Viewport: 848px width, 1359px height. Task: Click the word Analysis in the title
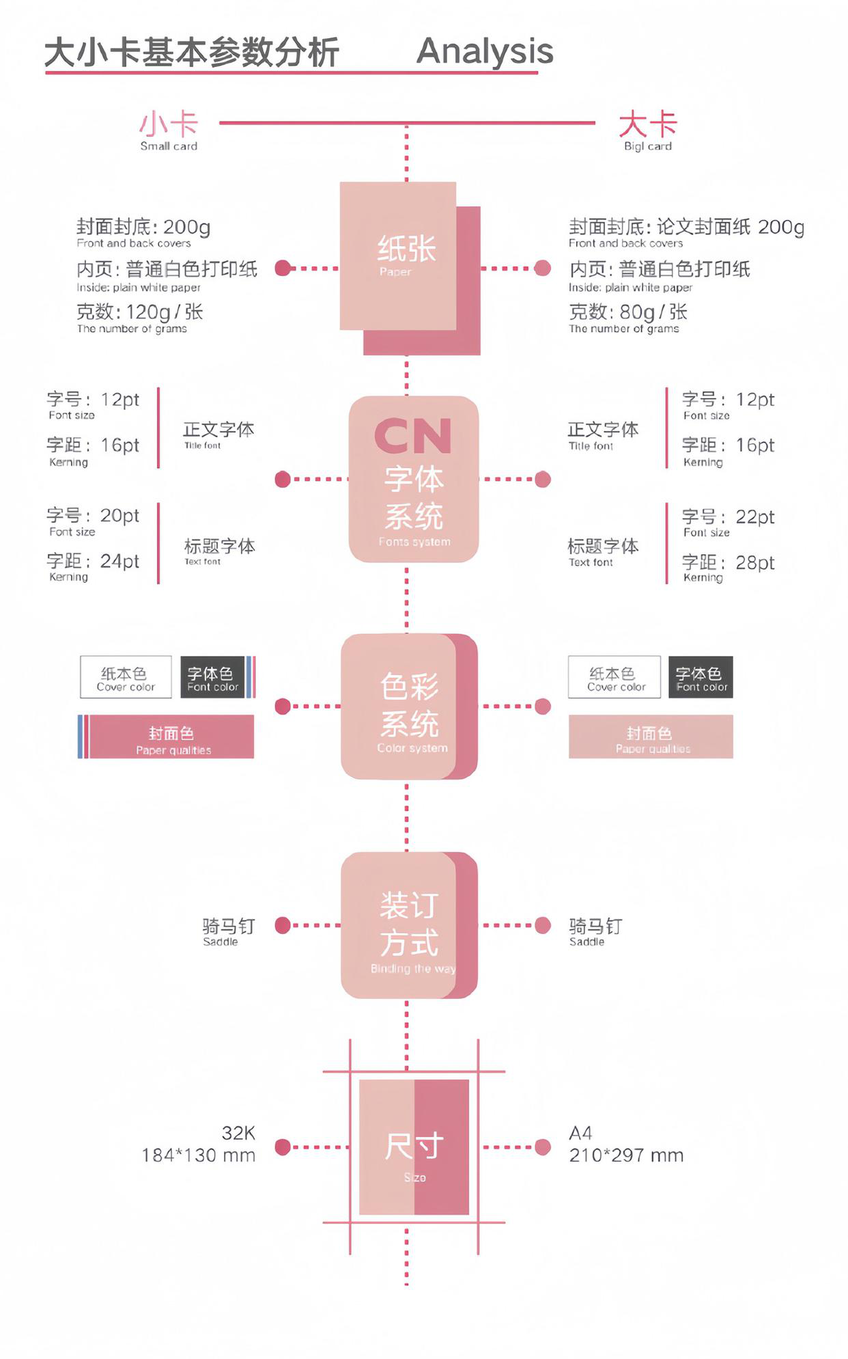(485, 51)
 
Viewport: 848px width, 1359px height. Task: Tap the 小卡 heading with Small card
(169, 130)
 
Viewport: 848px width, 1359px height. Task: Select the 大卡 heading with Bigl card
(647, 130)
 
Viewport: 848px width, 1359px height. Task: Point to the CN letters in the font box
(413, 436)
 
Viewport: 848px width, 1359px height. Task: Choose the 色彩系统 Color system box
(408, 706)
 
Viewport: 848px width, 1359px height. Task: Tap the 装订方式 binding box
(408, 925)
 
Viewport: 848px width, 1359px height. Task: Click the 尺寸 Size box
(414, 1147)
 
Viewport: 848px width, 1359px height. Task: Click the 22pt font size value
(755, 517)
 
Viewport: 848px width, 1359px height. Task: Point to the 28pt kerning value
(755, 563)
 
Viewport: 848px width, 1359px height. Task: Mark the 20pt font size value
(120, 515)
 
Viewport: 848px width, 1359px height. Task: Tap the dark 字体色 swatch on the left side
(212, 677)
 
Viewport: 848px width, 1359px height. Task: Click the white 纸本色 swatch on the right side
(614, 677)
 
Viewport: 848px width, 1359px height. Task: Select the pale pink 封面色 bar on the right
(651, 737)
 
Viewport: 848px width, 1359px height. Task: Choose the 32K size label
(238, 1133)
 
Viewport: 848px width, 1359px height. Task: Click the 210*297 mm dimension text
(626, 1155)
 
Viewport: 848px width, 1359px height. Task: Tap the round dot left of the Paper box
(283, 268)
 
